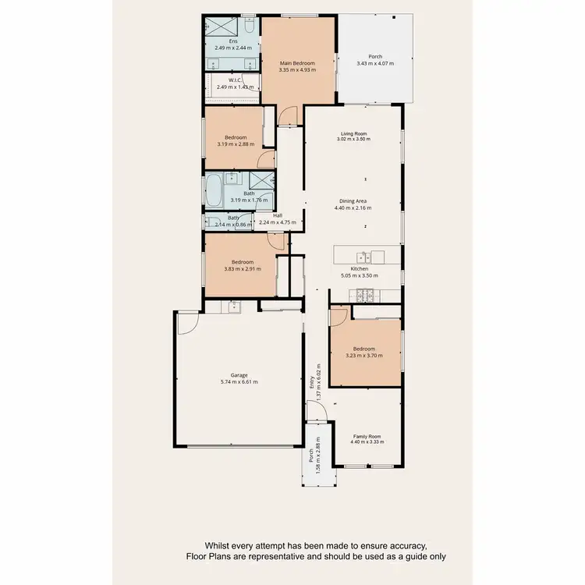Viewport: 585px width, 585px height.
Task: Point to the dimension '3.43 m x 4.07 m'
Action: [376, 63]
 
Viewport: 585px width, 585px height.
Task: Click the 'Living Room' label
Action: [353, 133]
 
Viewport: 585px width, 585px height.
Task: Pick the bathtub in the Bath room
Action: [213, 189]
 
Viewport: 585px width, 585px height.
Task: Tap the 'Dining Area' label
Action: [353, 201]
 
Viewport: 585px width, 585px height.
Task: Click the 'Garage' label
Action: [239, 375]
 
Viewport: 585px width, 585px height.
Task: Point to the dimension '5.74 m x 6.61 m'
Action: [239, 382]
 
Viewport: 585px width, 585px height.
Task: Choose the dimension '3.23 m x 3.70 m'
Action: [363, 356]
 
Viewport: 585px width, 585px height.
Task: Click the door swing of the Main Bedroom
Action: [289, 116]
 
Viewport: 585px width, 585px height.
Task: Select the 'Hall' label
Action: [277, 215]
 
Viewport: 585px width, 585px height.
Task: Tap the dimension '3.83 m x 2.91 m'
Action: [243, 268]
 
